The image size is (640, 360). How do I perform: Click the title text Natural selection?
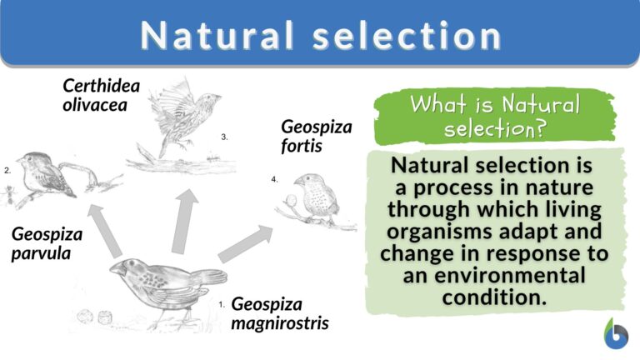[320, 35]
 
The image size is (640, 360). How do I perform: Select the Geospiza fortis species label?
[316, 137]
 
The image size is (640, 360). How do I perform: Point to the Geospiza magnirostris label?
[278, 313]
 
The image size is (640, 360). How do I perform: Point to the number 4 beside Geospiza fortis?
[275, 179]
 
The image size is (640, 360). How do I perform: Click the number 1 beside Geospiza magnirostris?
[222, 305]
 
